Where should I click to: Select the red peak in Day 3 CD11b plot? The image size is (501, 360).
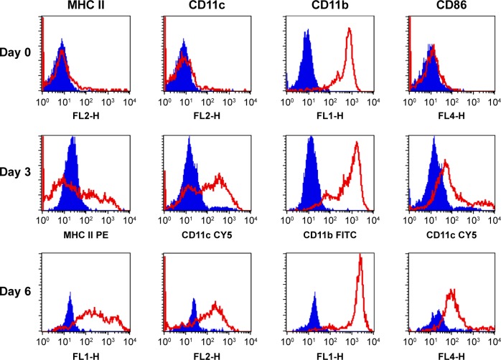pyautogui.click(x=356, y=143)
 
